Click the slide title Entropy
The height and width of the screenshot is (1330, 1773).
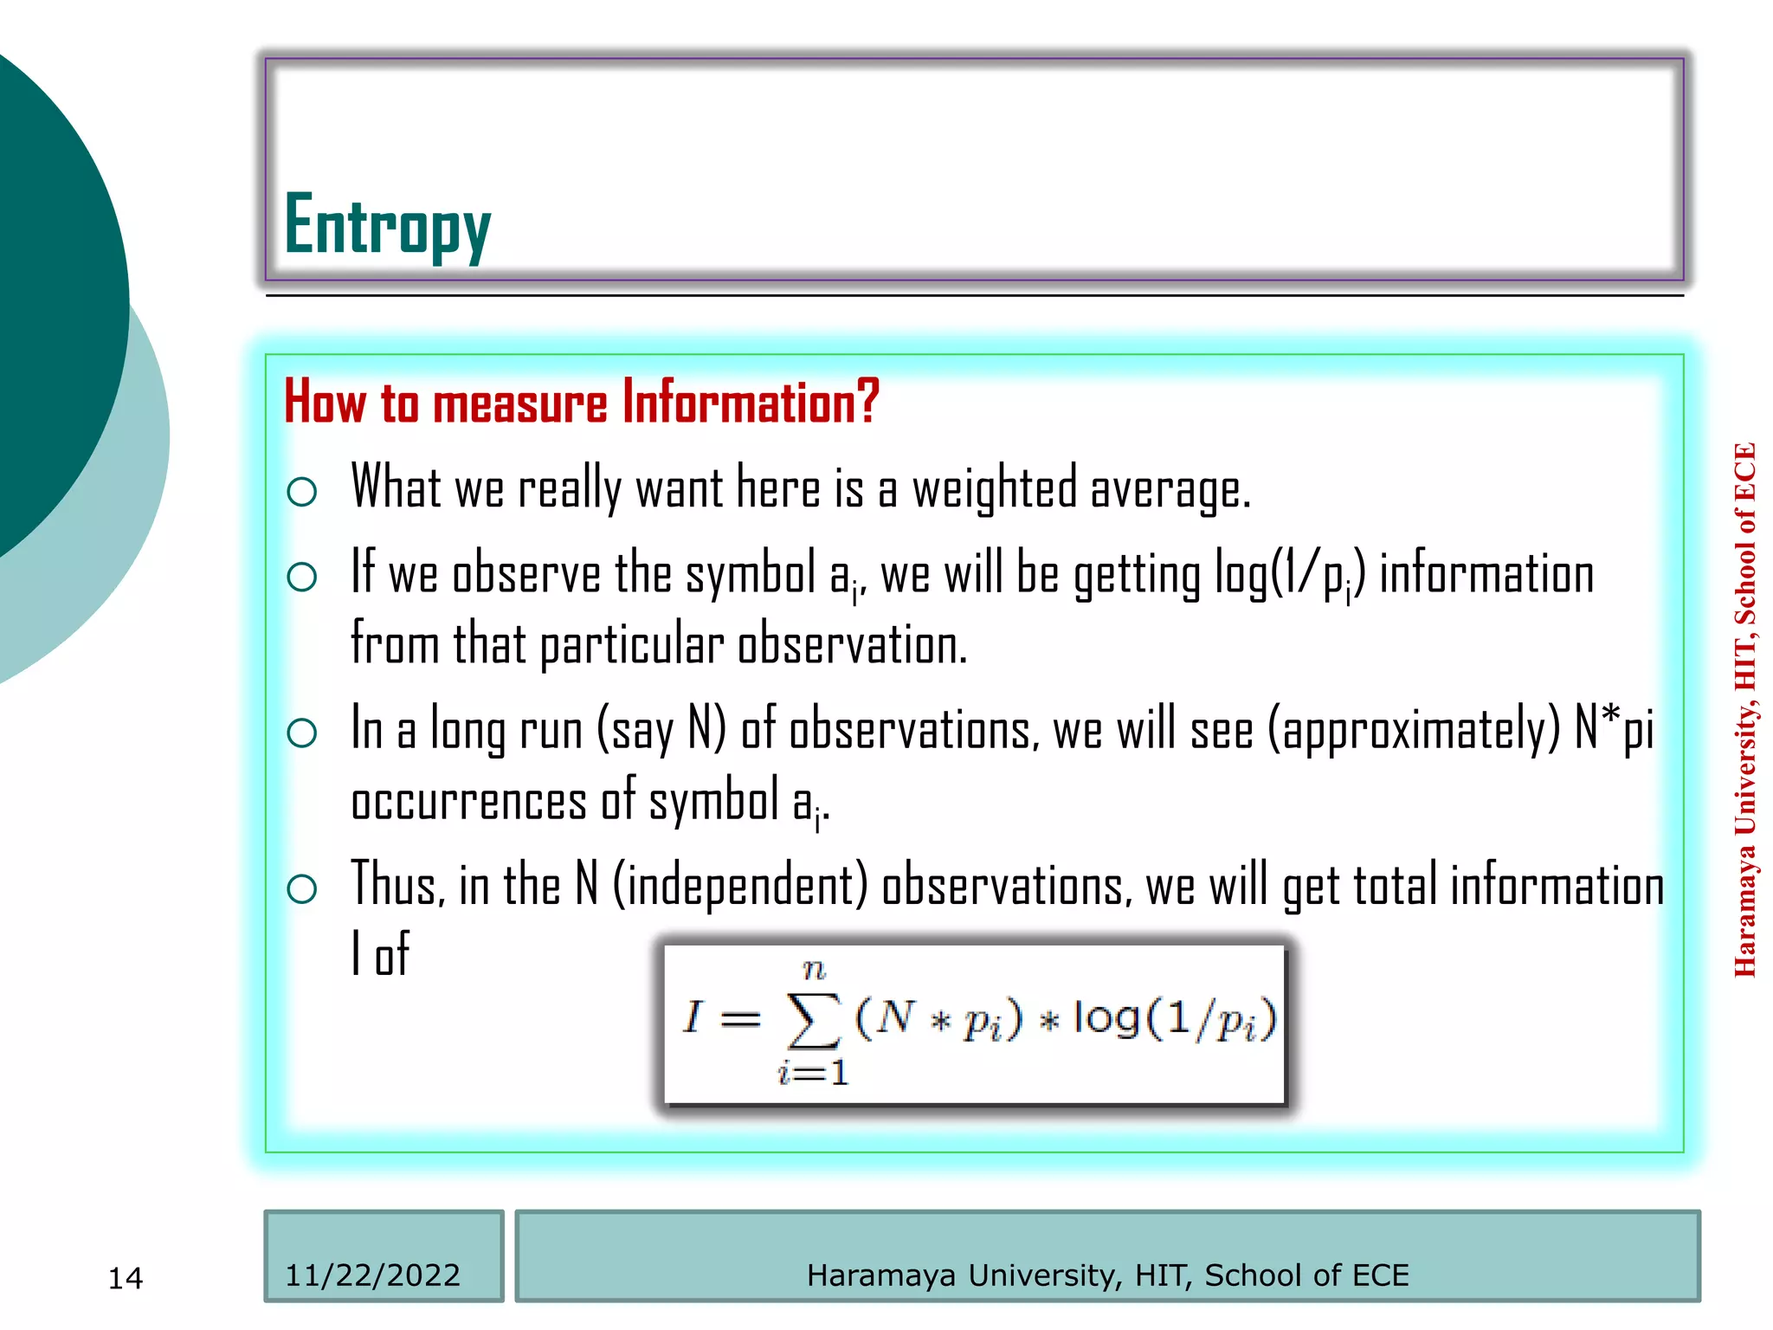point(387,225)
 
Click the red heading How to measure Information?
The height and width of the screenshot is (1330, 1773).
point(581,403)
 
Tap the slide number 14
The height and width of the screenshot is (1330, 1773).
point(125,1278)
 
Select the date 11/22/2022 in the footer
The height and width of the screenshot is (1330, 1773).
point(372,1275)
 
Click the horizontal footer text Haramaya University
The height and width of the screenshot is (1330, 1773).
point(1107,1275)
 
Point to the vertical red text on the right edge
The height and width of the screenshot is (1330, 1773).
point(1744,710)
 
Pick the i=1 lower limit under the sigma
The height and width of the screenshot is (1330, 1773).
point(813,1074)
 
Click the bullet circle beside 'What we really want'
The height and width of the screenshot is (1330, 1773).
point(301,492)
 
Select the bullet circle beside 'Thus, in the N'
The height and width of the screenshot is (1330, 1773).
point(301,888)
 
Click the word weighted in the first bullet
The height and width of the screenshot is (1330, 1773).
point(995,489)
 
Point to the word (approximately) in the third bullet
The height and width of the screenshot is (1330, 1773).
point(1414,730)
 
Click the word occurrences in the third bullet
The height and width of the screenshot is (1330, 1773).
point(468,801)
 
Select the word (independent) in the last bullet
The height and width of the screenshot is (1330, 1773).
point(740,886)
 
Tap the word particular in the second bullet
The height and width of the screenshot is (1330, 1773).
point(632,646)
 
